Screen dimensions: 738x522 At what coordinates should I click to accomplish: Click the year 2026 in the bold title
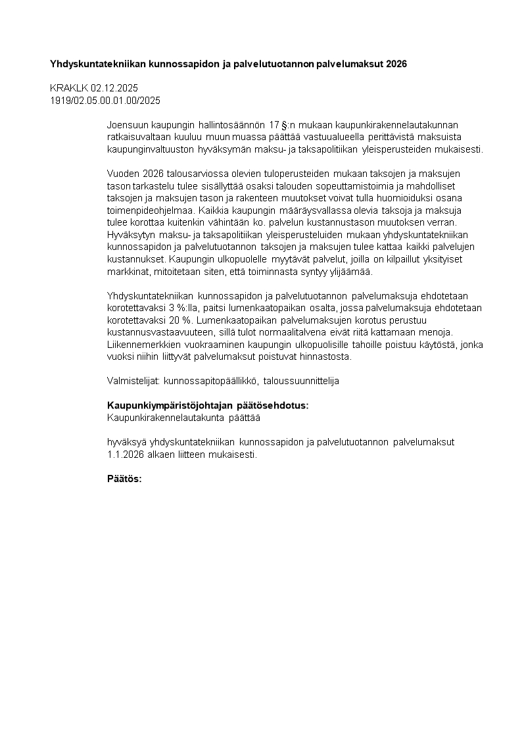point(396,64)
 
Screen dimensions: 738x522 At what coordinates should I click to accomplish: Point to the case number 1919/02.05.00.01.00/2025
point(105,100)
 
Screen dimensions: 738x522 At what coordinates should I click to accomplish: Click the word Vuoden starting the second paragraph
point(122,174)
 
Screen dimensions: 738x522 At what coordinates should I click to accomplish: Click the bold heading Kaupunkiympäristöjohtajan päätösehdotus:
point(207,406)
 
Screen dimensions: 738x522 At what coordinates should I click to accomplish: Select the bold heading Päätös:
point(124,479)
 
